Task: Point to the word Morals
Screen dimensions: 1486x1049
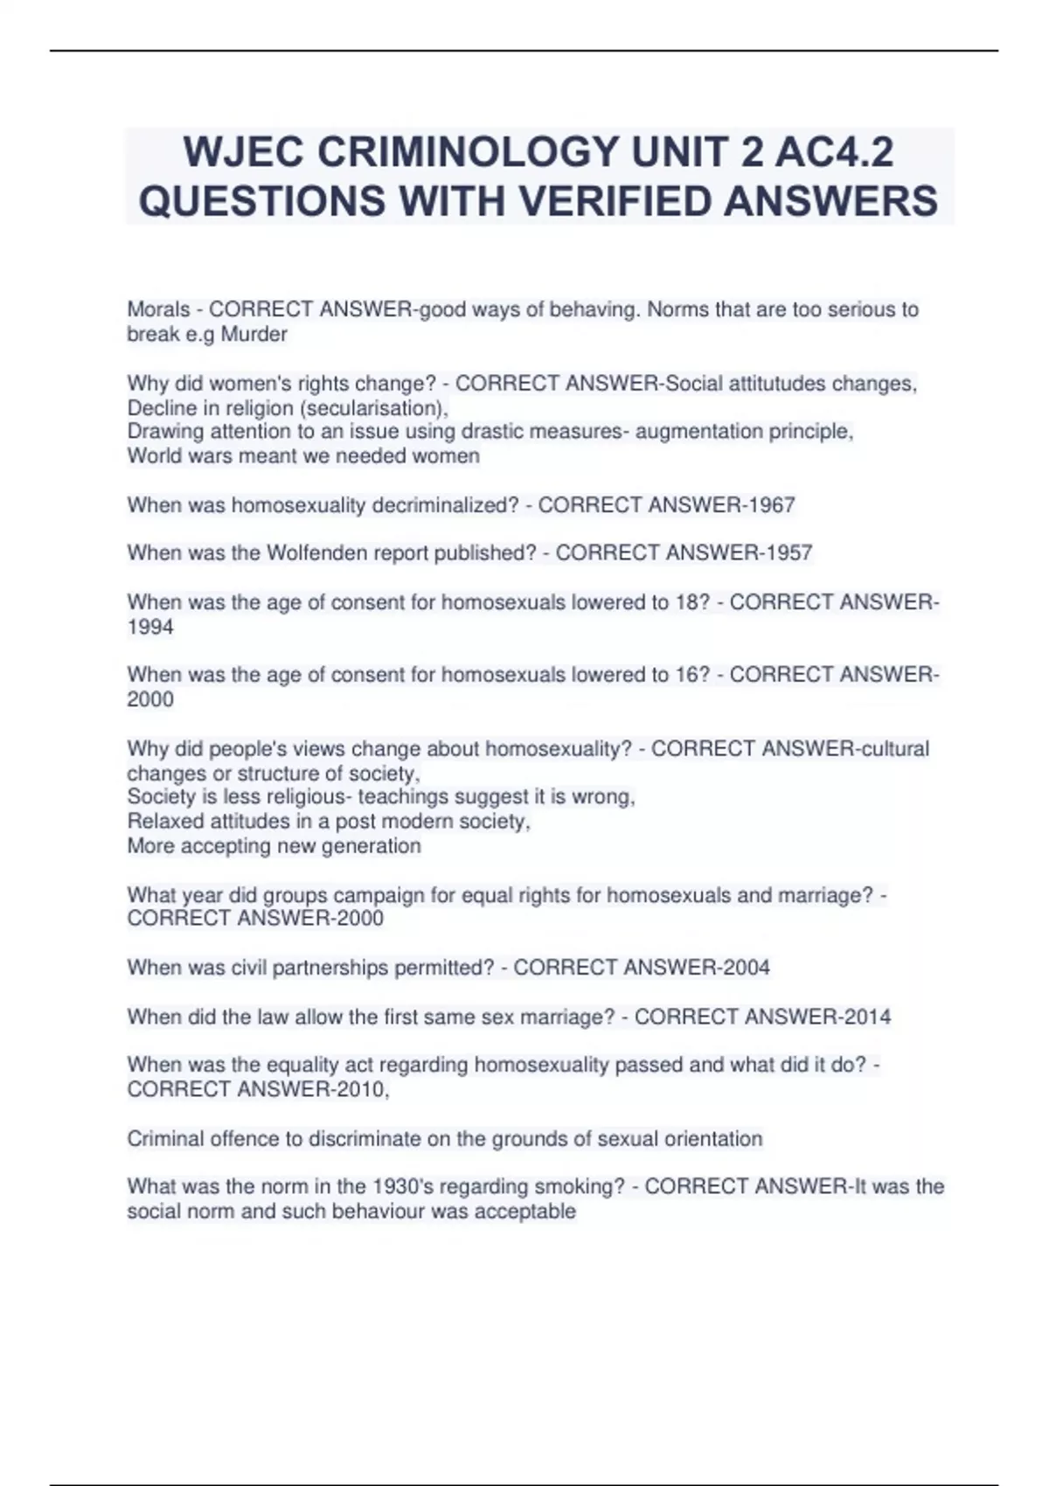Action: click(158, 309)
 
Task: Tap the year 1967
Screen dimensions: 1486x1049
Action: click(767, 505)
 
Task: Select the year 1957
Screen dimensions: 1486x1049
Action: click(784, 553)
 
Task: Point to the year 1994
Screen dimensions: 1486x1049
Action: click(150, 627)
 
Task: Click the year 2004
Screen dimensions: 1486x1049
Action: click(741, 968)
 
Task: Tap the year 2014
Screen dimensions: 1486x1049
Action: click(863, 1017)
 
